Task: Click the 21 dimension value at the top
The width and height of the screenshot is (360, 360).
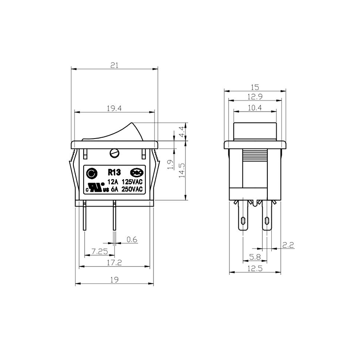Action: pyautogui.click(x=114, y=65)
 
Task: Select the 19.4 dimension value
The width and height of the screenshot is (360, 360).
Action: pyautogui.click(x=114, y=108)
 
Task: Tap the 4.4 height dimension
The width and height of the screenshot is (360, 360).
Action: pyautogui.click(x=182, y=132)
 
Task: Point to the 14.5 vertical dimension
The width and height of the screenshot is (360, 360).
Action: pyautogui.click(x=182, y=171)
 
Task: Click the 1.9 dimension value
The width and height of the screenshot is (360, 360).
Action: pyautogui.click(x=170, y=165)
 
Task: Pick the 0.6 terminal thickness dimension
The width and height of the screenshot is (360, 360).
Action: pyautogui.click(x=132, y=240)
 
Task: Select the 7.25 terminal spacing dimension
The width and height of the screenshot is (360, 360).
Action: pyautogui.click(x=99, y=252)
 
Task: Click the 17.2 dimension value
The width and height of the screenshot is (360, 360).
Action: pyautogui.click(x=114, y=262)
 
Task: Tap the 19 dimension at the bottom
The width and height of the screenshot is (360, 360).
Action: pyautogui.click(x=114, y=279)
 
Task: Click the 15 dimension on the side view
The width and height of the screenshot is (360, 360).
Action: pyautogui.click(x=255, y=87)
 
